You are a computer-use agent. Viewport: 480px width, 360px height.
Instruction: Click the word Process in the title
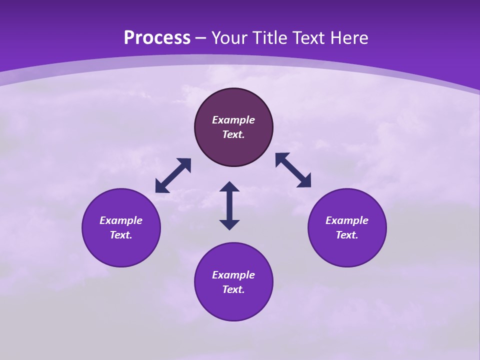point(157,38)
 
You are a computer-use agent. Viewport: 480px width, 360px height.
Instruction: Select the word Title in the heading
point(272,38)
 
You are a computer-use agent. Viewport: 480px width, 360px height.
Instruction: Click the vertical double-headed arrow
point(229,206)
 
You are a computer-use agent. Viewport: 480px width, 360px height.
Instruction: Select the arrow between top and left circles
point(173,175)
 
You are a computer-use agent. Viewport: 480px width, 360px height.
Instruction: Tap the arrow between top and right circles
point(293,170)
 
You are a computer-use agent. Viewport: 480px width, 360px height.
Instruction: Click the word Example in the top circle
point(233,120)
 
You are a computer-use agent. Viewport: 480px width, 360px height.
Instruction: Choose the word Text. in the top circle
point(233,134)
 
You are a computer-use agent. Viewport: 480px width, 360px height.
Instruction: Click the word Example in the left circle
point(121,220)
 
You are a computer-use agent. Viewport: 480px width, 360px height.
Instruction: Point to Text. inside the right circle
point(347,235)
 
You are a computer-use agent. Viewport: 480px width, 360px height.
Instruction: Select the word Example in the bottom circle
point(233,275)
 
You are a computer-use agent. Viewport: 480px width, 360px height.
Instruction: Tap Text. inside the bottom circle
point(233,289)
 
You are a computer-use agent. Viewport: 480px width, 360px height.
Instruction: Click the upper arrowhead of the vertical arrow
point(229,187)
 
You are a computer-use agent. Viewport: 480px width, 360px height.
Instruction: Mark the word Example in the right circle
point(347,220)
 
